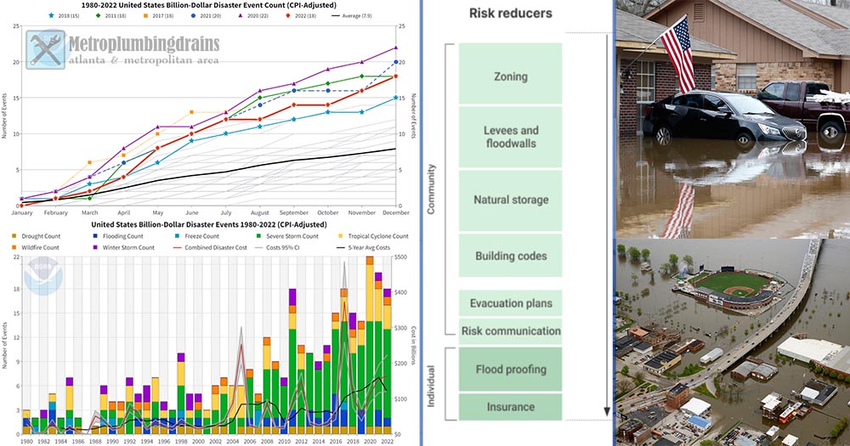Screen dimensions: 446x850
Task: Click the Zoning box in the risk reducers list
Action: click(x=511, y=76)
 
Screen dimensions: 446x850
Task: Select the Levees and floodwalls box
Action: click(x=511, y=137)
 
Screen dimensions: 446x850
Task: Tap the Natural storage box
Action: click(x=511, y=200)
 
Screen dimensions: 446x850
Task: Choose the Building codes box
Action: click(x=511, y=256)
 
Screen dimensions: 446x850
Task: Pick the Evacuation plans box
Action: click(x=511, y=303)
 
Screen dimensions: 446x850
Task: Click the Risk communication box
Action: click(x=511, y=331)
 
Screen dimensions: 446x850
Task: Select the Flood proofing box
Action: click(x=511, y=370)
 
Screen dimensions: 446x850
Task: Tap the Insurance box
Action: click(x=511, y=407)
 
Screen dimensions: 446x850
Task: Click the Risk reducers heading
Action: click(x=511, y=14)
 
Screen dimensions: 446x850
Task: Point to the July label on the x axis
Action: click(x=225, y=213)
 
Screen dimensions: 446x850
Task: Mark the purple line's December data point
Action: click(x=396, y=48)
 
